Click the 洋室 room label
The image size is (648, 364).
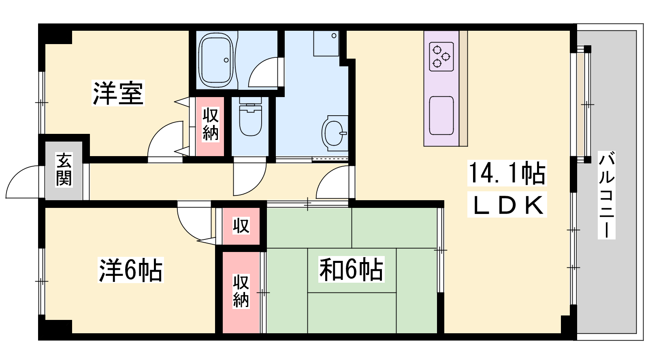click(x=118, y=93)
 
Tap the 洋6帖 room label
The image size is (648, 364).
click(x=130, y=270)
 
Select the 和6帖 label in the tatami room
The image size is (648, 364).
click(x=351, y=269)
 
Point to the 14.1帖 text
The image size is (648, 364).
click(x=507, y=173)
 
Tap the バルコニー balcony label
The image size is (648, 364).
click(x=607, y=195)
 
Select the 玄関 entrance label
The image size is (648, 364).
click(x=64, y=169)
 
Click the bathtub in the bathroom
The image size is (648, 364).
click(x=217, y=60)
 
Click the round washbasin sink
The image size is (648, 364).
click(x=335, y=133)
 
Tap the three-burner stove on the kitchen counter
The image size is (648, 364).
click(x=441, y=57)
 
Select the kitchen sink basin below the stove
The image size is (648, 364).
click(x=441, y=116)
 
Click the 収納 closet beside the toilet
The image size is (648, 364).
click(x=210, y=126)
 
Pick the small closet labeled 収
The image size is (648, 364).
click(x=241, y=226)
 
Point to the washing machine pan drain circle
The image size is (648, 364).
click(x=334, y=36)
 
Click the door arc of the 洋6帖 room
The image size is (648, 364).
click(x=188, y=227)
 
